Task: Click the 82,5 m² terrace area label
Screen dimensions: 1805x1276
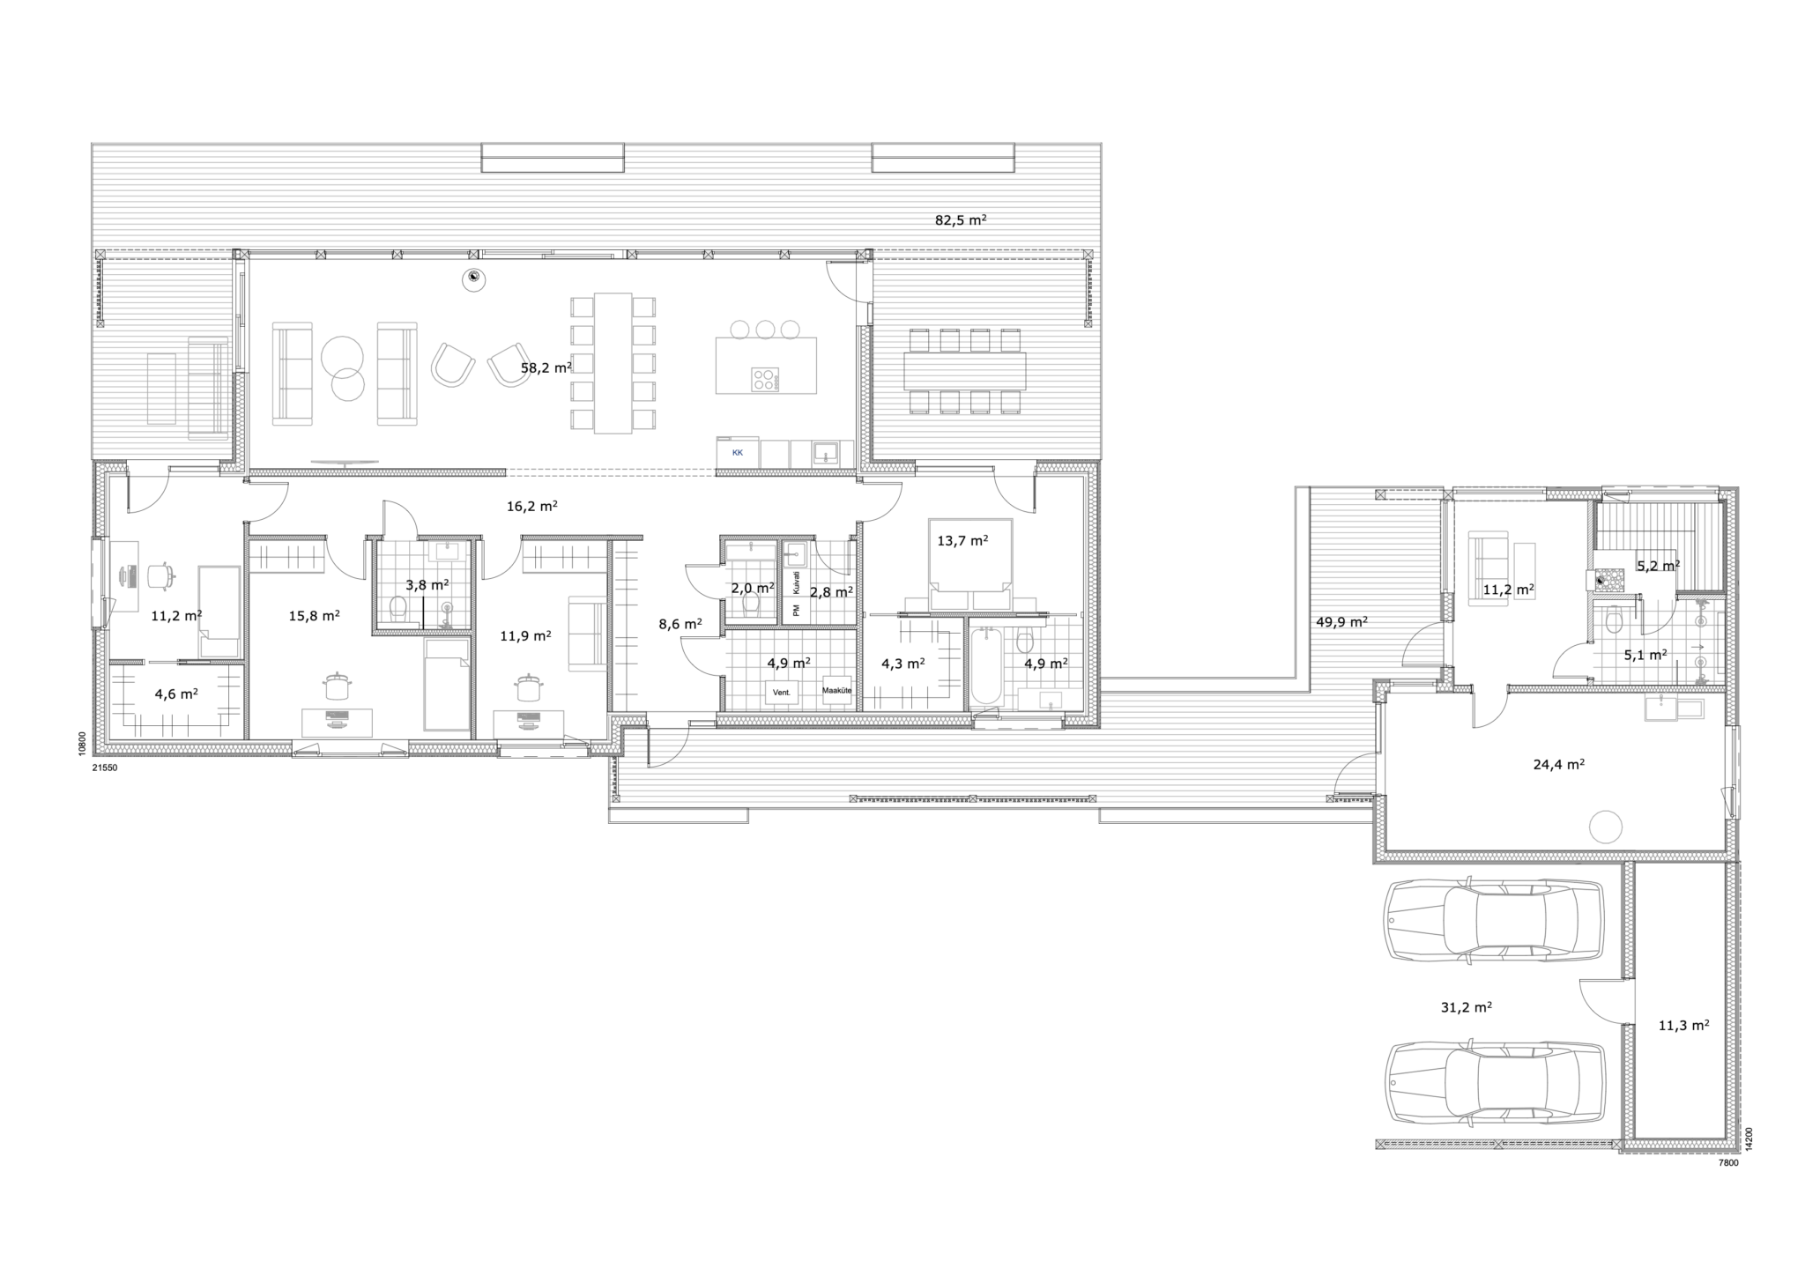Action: click(961, 219)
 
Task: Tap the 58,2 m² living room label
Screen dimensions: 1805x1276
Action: click(546, 367)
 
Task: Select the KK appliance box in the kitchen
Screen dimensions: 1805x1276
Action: click(738, 453)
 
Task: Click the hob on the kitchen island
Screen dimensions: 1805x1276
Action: click(765, 380)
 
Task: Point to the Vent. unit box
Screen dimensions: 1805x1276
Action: click(782, 693)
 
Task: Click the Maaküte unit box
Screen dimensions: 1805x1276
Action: click(837, 690)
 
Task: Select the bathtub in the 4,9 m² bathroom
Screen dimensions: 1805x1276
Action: click(985, 666)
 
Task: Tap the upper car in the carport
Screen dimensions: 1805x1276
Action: click(1494, 920)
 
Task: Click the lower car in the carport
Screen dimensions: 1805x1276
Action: click(1494, 1083)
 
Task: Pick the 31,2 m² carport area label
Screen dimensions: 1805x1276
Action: click(1466, 1007)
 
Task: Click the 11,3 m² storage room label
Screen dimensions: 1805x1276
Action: click(1683, 1025)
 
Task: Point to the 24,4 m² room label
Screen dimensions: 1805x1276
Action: click(1559, 765)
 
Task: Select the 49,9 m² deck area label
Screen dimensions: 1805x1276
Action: click(1341, 621)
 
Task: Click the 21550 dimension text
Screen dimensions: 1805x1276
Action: click(104, 768)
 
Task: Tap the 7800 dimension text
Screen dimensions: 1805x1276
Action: click(1727, 1163)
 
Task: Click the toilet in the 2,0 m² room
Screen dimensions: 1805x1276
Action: click(752, 605)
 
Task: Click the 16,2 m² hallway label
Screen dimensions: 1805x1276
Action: click(531, 507)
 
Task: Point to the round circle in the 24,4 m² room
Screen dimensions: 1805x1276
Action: click(1605, 827)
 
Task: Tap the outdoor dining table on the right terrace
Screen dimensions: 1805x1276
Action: click(964, 371)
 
